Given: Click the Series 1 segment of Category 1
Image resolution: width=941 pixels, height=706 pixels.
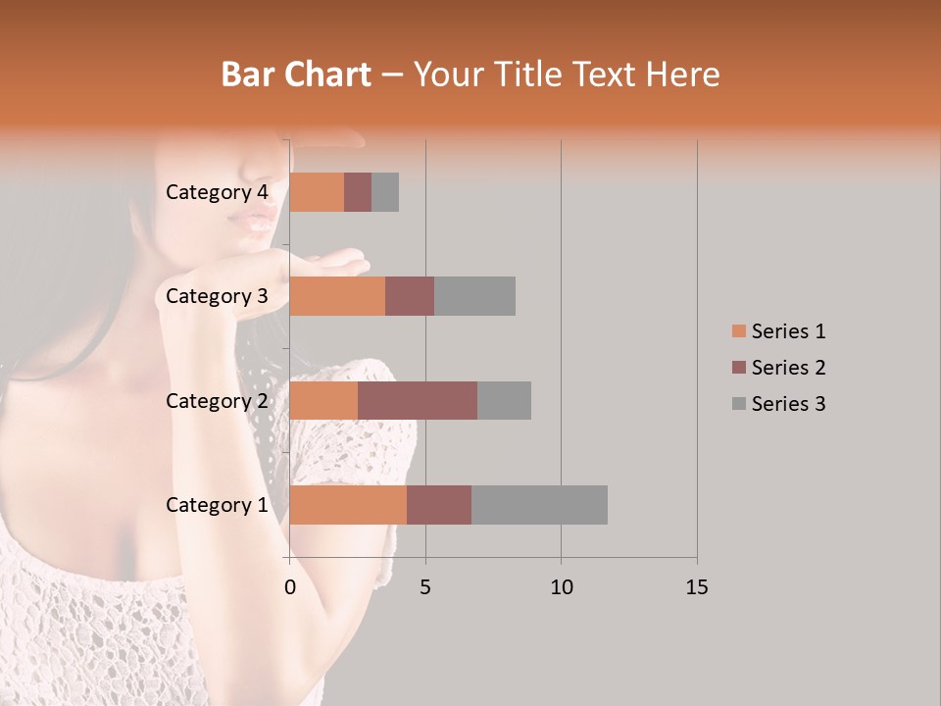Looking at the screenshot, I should pos(348,505).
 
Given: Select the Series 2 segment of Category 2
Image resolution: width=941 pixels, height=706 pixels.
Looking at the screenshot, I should pos(418,400).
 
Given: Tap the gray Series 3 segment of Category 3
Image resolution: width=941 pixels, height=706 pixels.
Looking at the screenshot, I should pos(474,296).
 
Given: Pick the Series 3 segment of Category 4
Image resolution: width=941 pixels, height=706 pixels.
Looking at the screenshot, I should pos(385,192).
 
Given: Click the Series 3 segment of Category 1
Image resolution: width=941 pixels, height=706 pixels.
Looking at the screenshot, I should pos(539,505).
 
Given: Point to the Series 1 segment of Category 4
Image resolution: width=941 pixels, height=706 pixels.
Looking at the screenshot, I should pos(317,192).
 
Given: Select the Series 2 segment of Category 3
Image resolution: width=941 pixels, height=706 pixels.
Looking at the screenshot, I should pos(410,296).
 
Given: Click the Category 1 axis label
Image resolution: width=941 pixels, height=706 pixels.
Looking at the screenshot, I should pos(217,505).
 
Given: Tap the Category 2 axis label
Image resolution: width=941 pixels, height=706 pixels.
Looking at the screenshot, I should pos(217,400).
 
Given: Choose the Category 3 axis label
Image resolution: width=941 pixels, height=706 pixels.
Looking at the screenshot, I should pos(217,296).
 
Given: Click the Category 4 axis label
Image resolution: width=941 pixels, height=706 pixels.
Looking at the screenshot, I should pos(217,192).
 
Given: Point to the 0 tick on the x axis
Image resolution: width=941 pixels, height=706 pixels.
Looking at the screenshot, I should pos(290,587).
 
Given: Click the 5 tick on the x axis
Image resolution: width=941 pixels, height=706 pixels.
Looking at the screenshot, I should pos(425,587).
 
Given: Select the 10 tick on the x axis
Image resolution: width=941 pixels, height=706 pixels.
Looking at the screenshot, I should pos(561,587).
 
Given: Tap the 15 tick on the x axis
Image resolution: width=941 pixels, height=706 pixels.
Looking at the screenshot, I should pos(697,587).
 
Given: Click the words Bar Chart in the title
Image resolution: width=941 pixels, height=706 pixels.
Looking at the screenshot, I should pos(296,74).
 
